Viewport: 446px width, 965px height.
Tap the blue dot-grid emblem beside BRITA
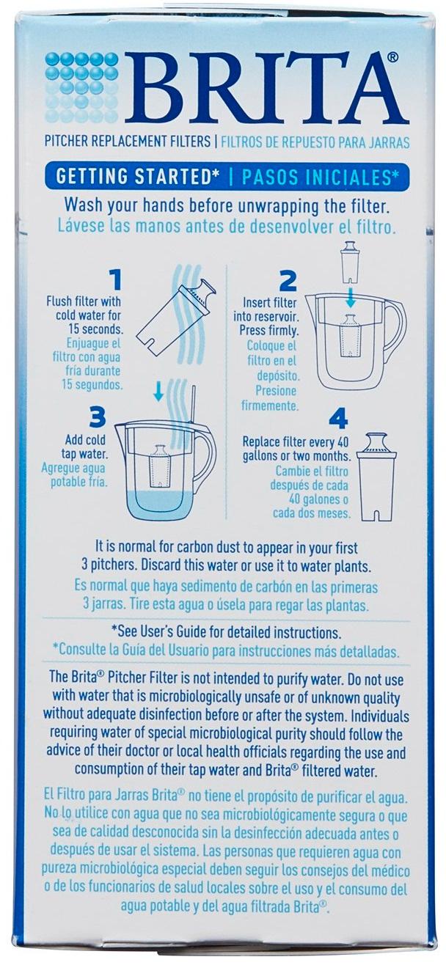point(82,87)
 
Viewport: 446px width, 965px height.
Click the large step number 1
point(114,280)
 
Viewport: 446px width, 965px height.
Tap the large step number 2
point(288,280)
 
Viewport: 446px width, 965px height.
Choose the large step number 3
point(98,417)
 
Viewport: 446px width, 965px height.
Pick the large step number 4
point(338,418)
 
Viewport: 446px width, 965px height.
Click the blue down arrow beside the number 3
point(158,391)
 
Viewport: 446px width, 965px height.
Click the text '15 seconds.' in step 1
point(95,329)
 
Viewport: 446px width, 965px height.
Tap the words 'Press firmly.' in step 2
point(269,331)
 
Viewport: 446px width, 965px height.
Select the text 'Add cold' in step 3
point(85,440)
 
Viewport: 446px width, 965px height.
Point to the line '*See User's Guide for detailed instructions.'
point(227,632)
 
